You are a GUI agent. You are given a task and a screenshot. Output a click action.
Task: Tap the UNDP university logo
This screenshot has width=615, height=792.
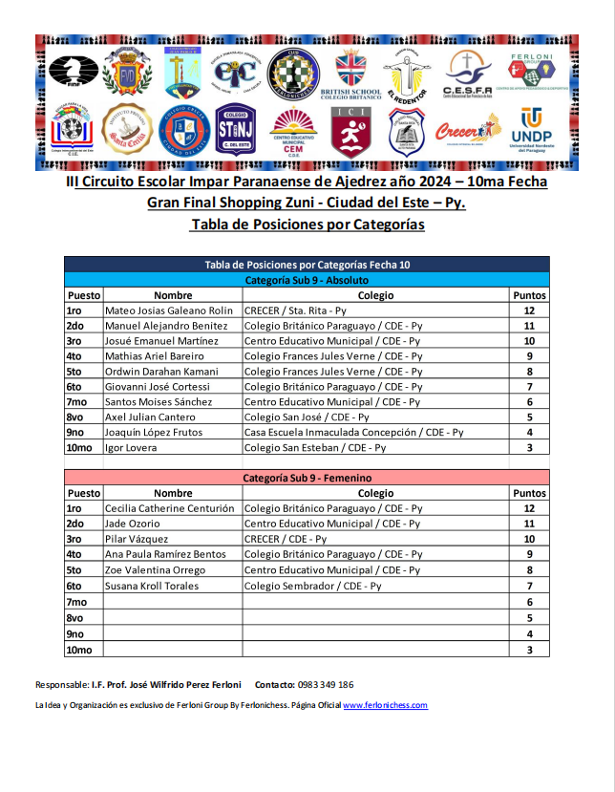click(x=532, y=131)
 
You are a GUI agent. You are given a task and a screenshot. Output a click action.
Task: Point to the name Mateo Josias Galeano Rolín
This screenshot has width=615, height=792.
click(x=168, y=310)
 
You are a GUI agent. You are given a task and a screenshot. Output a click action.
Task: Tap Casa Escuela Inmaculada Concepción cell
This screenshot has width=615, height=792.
click(x=353, y=433)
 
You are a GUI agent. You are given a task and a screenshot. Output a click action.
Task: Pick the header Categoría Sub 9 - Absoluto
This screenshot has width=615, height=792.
click(x=307, y=280)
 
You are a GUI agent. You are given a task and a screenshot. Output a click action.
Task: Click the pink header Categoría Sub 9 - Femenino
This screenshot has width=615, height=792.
click(x=307, y=478)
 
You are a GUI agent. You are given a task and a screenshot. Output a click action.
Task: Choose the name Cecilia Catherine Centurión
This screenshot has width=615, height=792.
click(x=169, y=508)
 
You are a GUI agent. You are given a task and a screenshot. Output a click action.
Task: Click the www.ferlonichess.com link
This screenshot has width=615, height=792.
click(x=385, y=705)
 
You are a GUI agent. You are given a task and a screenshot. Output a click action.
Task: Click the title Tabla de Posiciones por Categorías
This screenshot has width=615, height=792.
click(x=307, y=225)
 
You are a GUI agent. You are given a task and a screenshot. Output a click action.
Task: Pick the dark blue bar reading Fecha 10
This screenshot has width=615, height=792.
click(x=307, y=265)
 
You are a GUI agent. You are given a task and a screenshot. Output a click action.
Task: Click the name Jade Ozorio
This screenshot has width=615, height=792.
click(x=132, y=524)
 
